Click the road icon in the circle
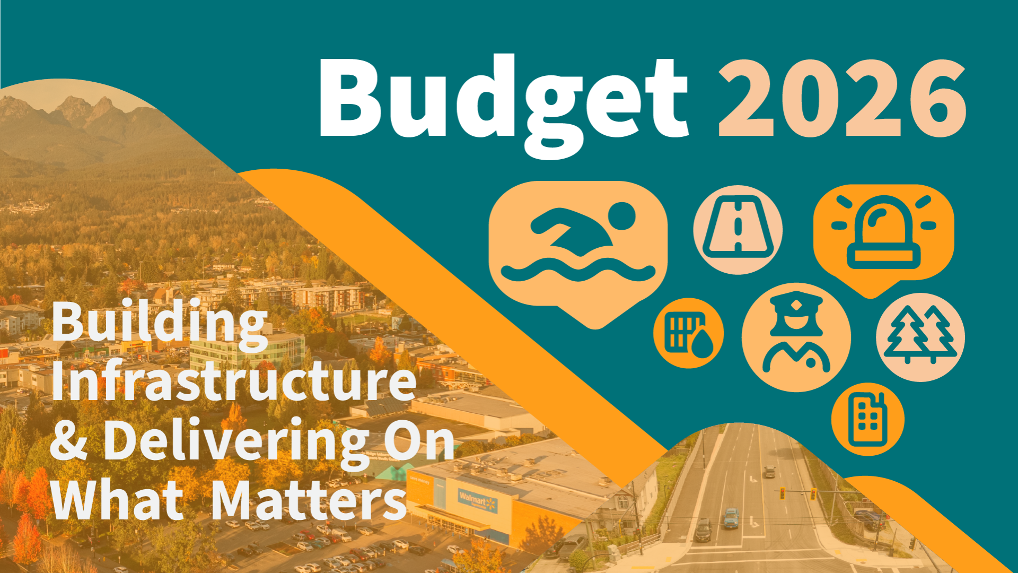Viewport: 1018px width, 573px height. pyautogui.click(x=738, y=230)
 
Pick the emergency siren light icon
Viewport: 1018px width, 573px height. pyautogui.click(x=883, y=233)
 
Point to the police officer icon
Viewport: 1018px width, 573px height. pyautogui.click(x=796, y=337)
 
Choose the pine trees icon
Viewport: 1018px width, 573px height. pyautogui.click(x=920, y=337)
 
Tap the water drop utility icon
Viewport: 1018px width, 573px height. pyautogui.click(x=688, y=333)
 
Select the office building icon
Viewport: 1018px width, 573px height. pyautogui.click(x=867, y=419)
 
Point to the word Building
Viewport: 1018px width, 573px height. pyautogui.click(x=159, y=323)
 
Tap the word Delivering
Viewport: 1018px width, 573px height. pyautogui.click(x=236, y=440)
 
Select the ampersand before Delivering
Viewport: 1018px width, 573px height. pyautogui.click(x=69, y=440)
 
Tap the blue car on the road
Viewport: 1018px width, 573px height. pyautogui.click(x=731, y=518)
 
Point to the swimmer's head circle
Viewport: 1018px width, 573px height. pyautogui.click(x=622, y=216)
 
